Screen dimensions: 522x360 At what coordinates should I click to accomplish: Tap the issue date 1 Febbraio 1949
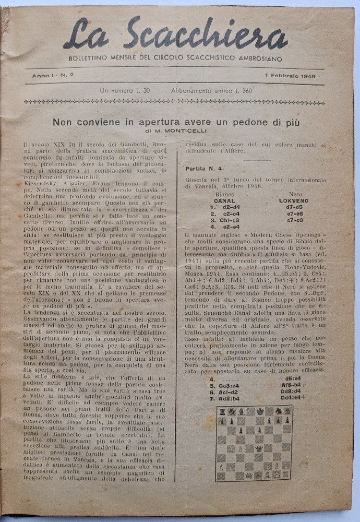click(x=293, y=76)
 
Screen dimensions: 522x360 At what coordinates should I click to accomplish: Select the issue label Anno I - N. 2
click(x=53, y=76)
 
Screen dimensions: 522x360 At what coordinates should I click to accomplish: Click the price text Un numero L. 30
click(x=125, y=91)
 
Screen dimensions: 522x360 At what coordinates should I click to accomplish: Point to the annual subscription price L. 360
click(x=240, y=91)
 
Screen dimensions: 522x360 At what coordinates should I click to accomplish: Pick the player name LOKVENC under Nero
click(x=294, y=200)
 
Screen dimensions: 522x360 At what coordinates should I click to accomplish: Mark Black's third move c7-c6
click(x=296, y=220)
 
